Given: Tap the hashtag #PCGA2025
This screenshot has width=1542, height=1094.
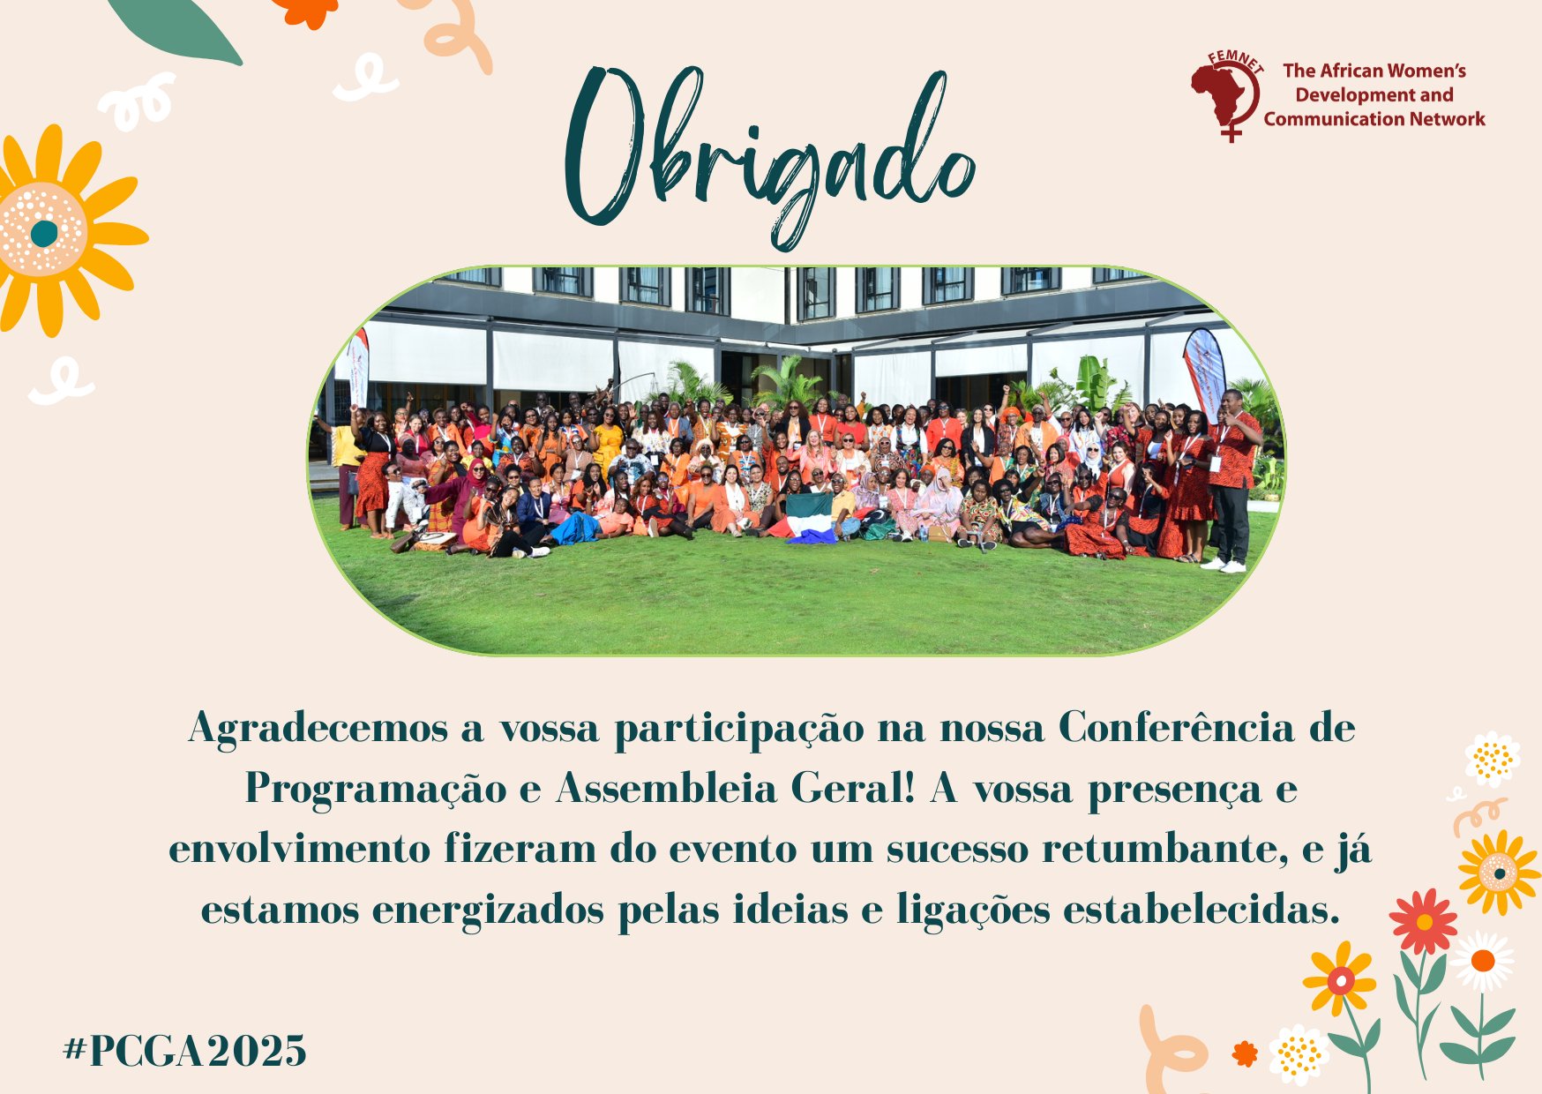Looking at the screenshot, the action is (185, 1051).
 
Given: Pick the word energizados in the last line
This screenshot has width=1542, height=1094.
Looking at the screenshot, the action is (488, 911).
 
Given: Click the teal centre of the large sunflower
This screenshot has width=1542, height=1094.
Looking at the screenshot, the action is (44, 233).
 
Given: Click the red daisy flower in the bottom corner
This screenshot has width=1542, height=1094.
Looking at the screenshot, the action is (1423, 922).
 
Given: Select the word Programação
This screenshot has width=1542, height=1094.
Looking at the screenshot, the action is (375, 790).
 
